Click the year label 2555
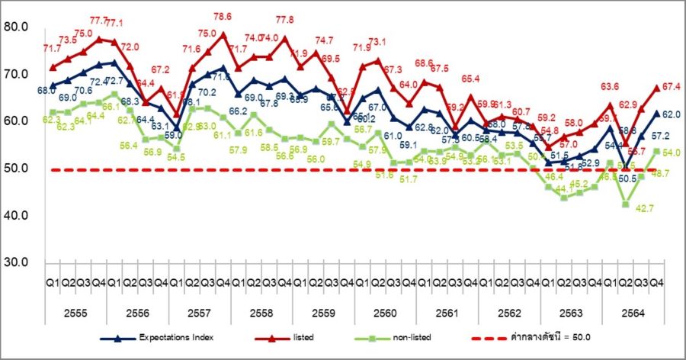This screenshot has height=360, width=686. click(x=76, y=313)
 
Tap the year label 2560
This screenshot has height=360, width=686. click(x=385, y=313)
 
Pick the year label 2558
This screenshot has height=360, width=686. click(x=261, y=313)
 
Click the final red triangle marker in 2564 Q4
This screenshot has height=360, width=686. click(x=656, y=87)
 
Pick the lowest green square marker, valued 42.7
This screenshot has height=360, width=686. click(x=626, y=204)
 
